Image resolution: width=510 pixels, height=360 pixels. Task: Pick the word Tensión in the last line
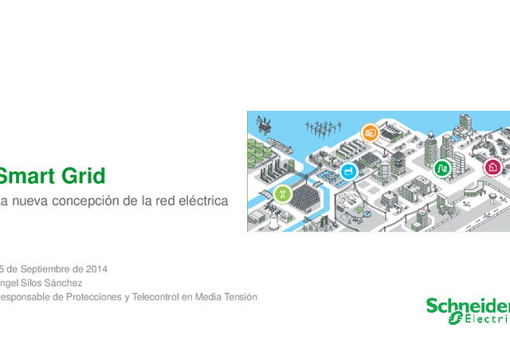click(x=238, y=297)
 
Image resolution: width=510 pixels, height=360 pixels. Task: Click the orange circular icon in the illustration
click(x=369, y=132)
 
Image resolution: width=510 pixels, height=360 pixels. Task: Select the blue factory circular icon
click(x=348, y=170)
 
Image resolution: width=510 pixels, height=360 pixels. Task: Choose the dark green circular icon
click(x=441, y=168)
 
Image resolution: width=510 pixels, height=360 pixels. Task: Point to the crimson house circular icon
click(x=492, y=167)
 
